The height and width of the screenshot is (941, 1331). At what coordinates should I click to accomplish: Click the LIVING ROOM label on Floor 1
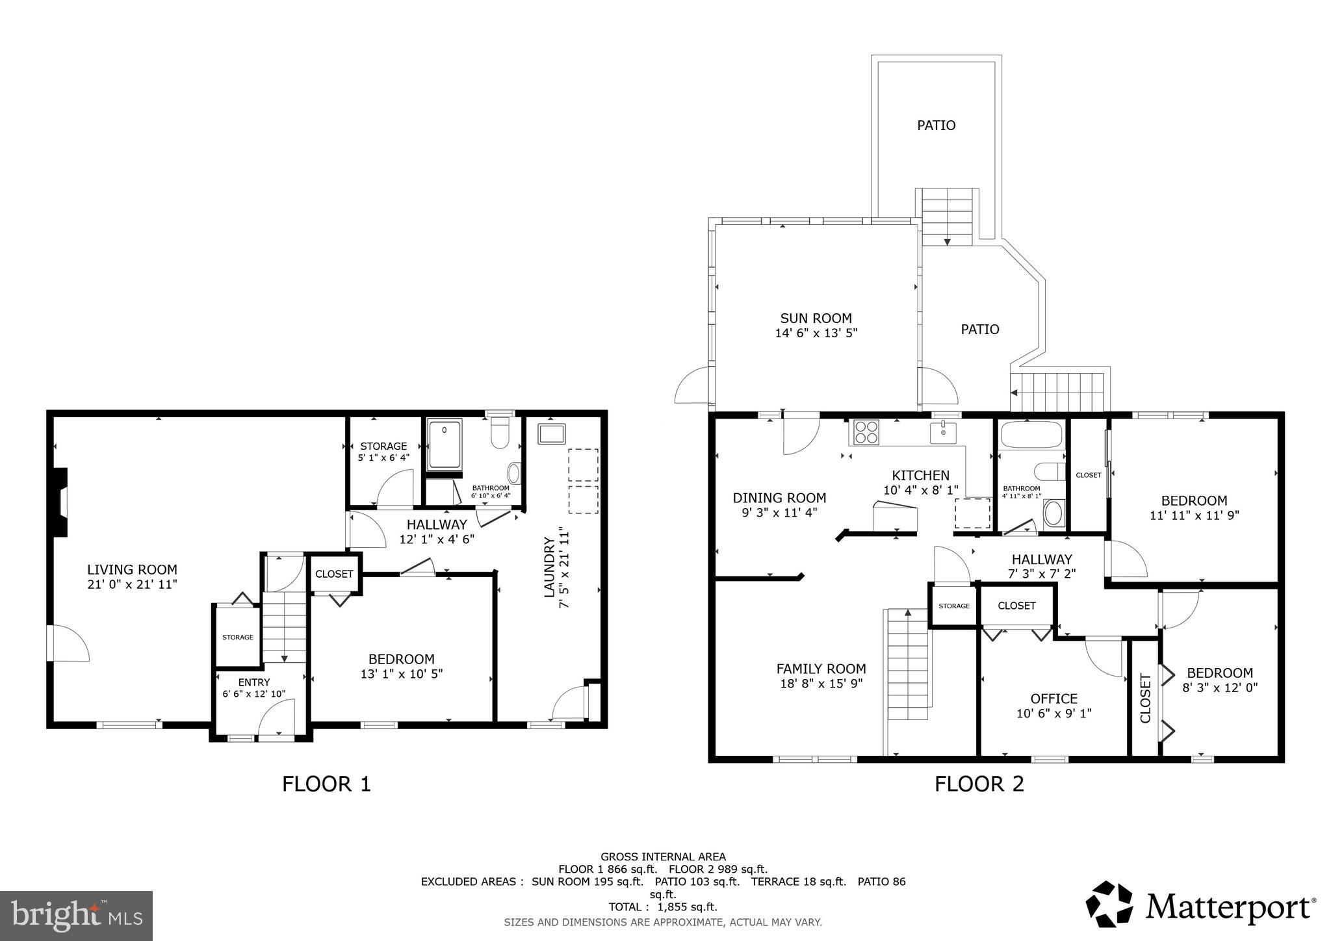click(132, 570)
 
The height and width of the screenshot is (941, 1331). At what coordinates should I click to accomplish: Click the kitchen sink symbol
click(942, 432)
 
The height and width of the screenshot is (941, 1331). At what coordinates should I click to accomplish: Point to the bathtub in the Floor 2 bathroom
click(1031, 435)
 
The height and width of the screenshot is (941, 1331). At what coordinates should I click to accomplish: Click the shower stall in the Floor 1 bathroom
click(445, 445)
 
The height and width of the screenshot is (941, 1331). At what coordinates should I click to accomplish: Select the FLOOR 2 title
click(979, 784)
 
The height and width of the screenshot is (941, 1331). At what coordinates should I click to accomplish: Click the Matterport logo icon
click(1109, 903)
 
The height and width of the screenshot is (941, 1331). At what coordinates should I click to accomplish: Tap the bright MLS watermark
click(76, 916)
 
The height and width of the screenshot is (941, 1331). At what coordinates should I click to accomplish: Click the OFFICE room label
click(1053, 699)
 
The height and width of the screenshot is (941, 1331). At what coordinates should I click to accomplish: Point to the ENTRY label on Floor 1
click(253, 682)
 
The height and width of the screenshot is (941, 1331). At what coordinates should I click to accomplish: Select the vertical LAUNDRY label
click(549, 567)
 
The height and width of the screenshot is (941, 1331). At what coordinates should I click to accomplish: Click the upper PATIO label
click(936, 125)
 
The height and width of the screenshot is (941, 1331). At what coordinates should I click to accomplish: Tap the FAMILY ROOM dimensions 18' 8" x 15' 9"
click(821, 684)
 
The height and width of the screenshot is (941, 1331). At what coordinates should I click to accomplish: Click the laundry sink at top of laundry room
click(551, 433)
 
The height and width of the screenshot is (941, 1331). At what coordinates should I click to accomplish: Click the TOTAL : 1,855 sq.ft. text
click(662, 907)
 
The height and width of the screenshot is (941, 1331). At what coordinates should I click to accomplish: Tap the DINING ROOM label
click(779, 498)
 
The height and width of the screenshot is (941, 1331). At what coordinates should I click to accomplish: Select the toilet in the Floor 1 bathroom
click(499, 433)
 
